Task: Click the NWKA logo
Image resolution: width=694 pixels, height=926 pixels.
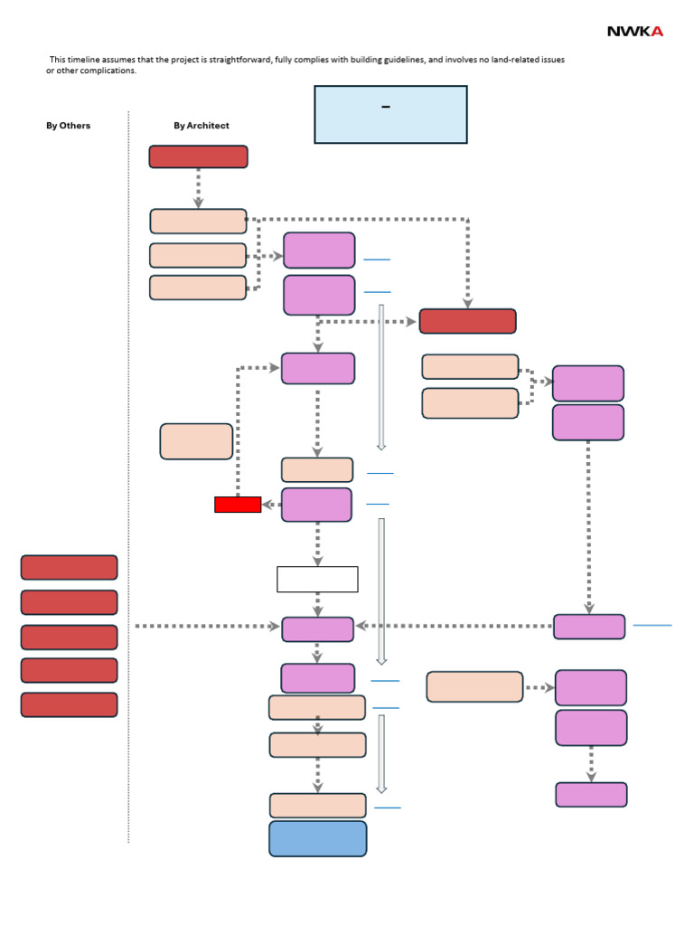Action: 635,32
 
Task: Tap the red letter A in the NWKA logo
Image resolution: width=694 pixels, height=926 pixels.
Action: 657,32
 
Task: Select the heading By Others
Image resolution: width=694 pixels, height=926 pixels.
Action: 69,125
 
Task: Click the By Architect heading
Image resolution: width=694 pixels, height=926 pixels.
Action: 202,125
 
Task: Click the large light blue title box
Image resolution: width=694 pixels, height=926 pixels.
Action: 390,115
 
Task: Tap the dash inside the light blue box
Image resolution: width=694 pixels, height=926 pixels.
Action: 386,107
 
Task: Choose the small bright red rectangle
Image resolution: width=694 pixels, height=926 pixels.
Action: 238,505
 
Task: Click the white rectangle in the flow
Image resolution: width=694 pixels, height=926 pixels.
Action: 317,580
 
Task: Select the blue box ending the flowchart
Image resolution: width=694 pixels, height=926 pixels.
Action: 317,838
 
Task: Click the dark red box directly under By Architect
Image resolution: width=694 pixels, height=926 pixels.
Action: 198,156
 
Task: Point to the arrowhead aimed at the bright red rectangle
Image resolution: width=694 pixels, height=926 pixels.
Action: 267,505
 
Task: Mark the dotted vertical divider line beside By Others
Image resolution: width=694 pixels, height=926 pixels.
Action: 128,477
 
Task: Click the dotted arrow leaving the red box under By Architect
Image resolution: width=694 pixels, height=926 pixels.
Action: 198,188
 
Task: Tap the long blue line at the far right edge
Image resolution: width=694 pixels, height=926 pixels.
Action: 652,625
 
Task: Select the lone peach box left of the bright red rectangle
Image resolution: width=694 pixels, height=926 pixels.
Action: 196,441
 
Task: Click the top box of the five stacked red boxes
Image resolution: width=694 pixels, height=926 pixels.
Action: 69,568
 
